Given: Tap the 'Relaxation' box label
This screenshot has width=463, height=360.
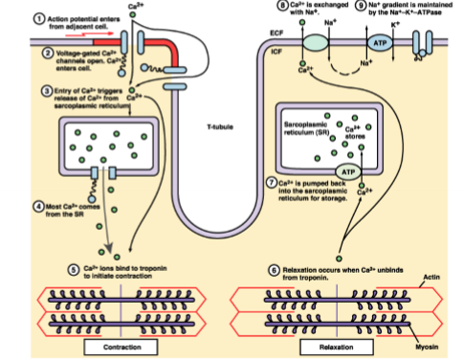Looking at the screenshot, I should point(337,345).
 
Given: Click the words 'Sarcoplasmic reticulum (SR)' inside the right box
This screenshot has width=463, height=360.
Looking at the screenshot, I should point(307,128).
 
